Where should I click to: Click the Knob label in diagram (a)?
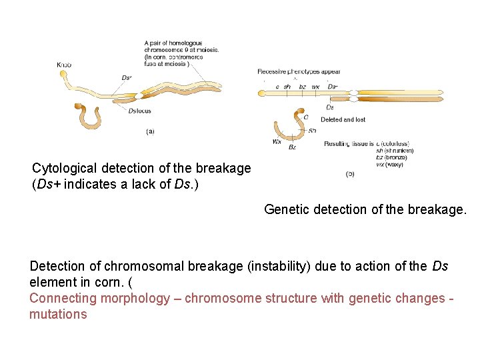(x=64, y=65)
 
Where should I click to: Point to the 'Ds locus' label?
(x=141, y=111)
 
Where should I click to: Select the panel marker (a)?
(x=150, y=131)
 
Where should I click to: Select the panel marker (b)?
(x=350, y=174)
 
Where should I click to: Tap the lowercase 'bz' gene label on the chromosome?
(x=302, y=87)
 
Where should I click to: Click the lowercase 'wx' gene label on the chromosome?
(x=315, y=87)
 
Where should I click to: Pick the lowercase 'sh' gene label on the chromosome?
(x=287, y=87)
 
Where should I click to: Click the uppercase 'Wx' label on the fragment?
(x=277, y=141)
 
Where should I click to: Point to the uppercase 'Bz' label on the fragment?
(x=292, y=147)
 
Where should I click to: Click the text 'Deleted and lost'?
(x=343, y=120)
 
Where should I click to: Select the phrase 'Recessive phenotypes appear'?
(x=299, y=71)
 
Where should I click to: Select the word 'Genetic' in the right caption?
(x=286, y=209)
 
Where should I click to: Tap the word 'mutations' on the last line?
(x=58, y=314)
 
